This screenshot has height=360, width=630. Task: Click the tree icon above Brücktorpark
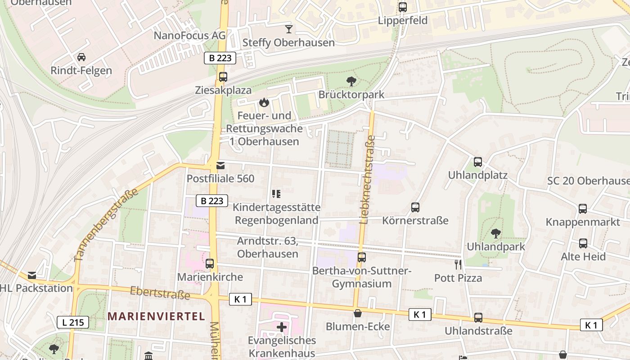click(x=351, y=81)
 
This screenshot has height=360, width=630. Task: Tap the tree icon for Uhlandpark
click(x=495, y=234)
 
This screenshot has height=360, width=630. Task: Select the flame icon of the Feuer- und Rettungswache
click(x=264, y=103)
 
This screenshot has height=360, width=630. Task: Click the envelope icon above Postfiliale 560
click(x=220, y=166)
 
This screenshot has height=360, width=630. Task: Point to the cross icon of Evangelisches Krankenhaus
click(x=282, y=327)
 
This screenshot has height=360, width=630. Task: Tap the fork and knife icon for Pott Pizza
click(x=458, y=265)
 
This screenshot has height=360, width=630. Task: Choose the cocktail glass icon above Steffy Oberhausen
click(x=288, y=30)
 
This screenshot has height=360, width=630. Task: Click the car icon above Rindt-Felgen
click(x=81, y=57)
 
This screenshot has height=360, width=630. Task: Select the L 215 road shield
click(x=72, y=322)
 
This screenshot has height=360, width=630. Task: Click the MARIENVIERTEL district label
click(x=156, y=316)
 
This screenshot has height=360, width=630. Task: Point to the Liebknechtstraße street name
click(x=367, y=180)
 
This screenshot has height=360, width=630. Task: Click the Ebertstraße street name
click(x=160, y=293)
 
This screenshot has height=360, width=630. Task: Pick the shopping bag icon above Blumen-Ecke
click(x=358, y=313)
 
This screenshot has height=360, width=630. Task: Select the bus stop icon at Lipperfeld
click(x=402, y=7)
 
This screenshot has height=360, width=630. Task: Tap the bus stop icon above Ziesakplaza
click(x=223, y=77)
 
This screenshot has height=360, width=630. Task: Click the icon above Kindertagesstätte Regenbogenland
click(x=276, y=194)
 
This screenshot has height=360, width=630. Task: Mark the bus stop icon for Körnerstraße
click(x=415, y=207)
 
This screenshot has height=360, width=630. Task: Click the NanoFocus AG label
click(x=189, y=36)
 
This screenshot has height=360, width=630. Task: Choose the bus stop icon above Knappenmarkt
click(x=583, y=209)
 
